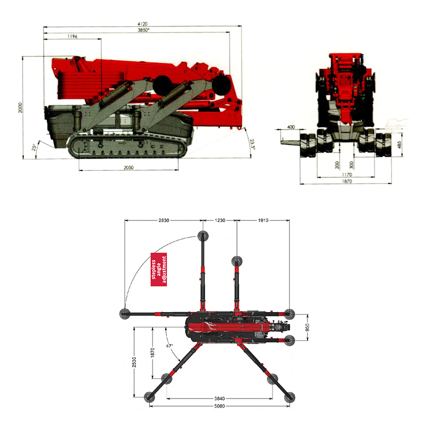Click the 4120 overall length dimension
(142, 23)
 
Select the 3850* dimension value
(143, 30)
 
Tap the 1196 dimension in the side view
(72, 36)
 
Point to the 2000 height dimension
(20, 107)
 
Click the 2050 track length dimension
(128, 167)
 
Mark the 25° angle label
(34, 147)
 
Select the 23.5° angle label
(252, 144)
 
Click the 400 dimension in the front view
(291, 127)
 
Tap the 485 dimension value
(399, 145)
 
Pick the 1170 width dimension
(347, 174)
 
